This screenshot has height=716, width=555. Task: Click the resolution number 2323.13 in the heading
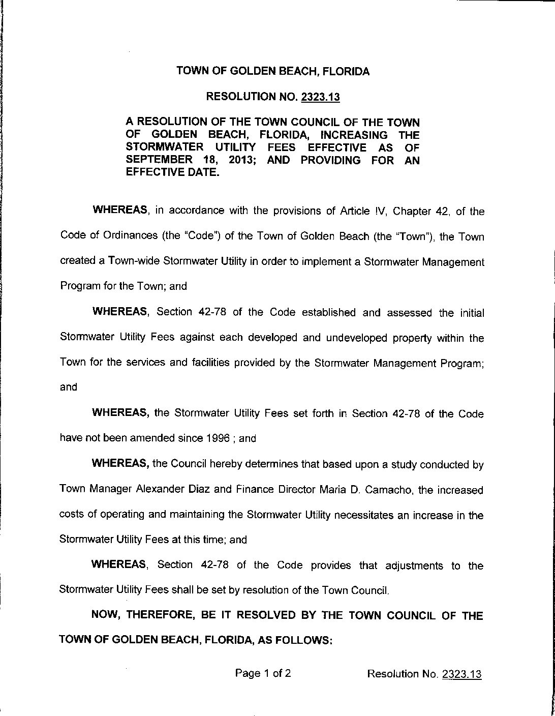[320, 97]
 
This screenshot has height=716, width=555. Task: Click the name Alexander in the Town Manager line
[161, 490]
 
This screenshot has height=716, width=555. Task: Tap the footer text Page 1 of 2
[263, 674]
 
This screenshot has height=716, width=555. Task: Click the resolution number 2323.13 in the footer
[461, 674]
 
